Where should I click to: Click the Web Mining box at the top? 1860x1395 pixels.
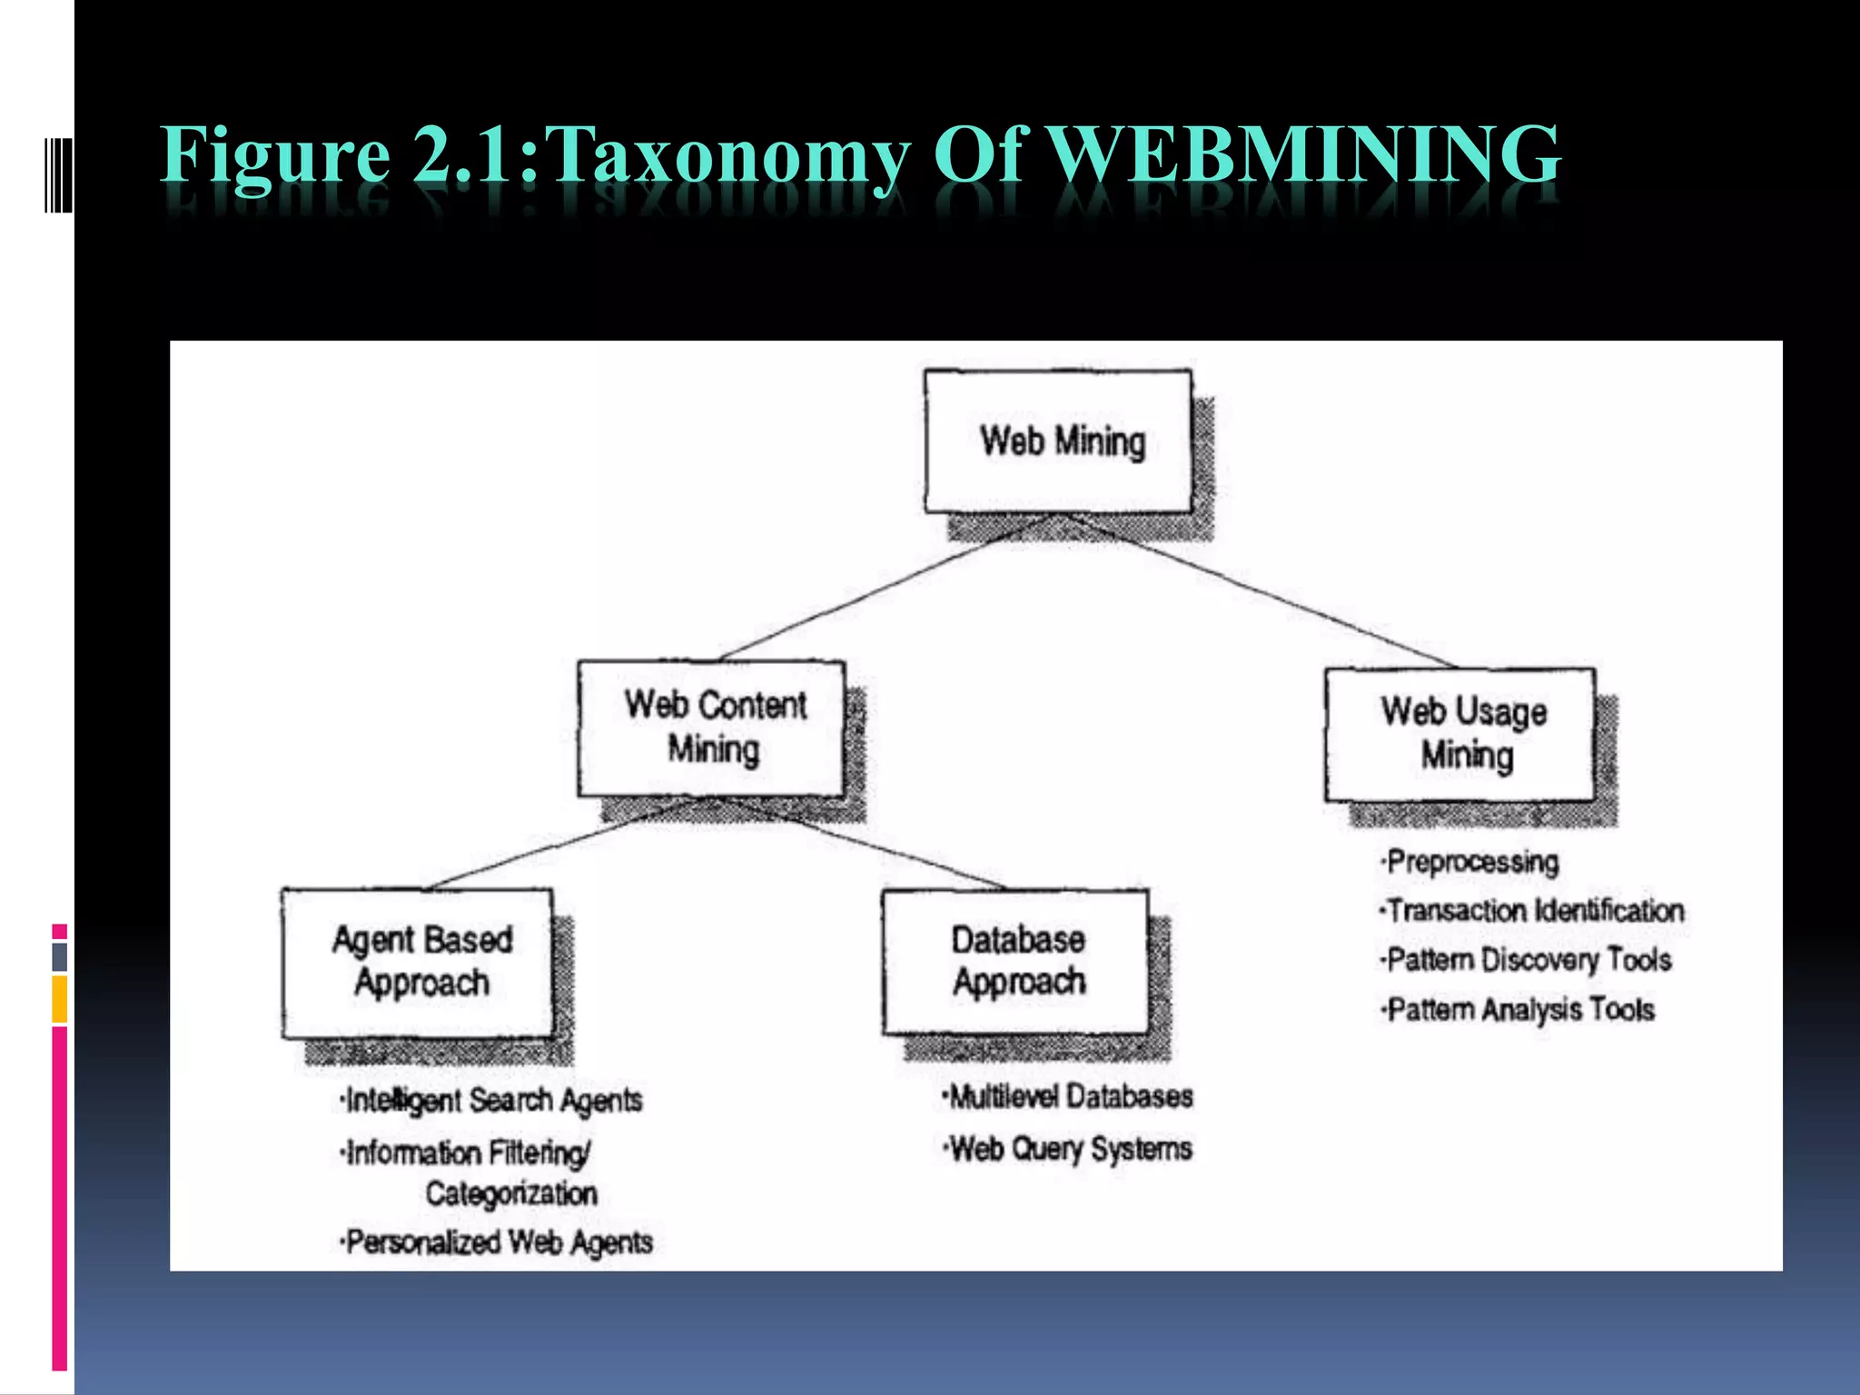1059,441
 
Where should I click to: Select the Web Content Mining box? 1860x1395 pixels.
713,728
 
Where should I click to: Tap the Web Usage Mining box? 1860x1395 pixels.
1460,734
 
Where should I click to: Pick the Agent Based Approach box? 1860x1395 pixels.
419,963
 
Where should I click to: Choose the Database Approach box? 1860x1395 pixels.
1016,961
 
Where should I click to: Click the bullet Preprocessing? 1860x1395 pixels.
1471,862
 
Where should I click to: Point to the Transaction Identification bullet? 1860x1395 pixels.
1534,910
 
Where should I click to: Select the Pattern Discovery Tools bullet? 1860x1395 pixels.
1528,960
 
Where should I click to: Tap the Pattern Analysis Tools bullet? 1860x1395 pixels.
1519,1010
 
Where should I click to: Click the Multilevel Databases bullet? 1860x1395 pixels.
1069,1097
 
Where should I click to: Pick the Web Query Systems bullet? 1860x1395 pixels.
1069,1149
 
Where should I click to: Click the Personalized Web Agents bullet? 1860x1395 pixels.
499,1242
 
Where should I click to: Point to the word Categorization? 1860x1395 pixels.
511,1193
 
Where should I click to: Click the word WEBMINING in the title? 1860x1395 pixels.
1304,154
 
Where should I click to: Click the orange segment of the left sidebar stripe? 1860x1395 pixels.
60,999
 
